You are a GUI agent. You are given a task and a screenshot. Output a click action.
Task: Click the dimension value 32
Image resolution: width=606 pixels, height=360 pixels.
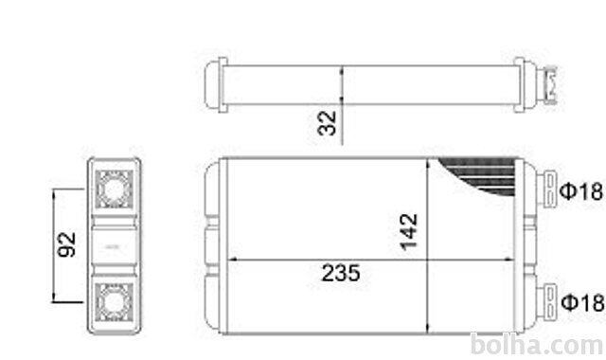327,123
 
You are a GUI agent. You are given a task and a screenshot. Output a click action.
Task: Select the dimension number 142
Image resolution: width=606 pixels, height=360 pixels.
408,231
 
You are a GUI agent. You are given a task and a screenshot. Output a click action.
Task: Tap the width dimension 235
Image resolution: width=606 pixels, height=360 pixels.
341,273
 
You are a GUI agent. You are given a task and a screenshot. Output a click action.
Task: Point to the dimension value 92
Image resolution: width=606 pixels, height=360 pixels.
66,244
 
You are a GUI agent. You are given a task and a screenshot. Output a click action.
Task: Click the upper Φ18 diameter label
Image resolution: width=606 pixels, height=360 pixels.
580,191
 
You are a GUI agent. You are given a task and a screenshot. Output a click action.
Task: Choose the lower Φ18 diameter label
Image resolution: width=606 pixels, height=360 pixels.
582,302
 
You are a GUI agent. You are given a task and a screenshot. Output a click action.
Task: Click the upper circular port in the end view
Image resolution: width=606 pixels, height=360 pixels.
115,189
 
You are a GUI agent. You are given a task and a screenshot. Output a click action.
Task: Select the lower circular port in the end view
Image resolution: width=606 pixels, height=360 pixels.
115,302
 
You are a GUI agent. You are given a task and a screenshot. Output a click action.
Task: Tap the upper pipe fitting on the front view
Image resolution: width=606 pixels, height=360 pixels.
546,190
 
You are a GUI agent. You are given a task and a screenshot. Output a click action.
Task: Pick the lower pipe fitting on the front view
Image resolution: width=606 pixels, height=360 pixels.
546,301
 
